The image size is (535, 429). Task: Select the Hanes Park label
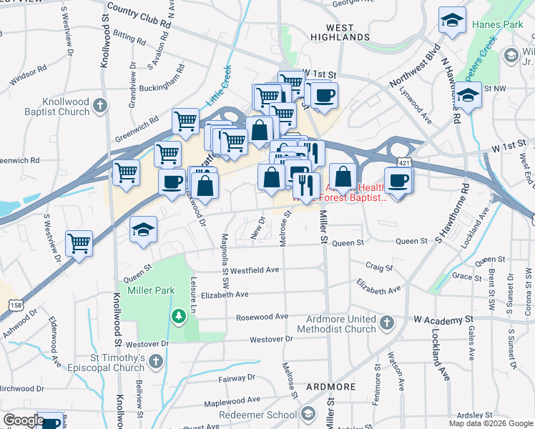498,25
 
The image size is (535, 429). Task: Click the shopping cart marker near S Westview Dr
79,242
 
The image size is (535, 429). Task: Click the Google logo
24,420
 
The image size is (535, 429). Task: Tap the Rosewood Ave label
264,316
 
